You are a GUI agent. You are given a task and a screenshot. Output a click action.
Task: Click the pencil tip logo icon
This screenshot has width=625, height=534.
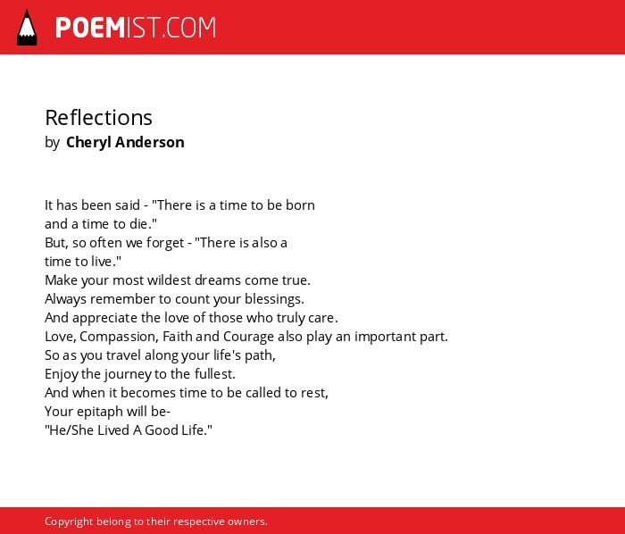pyautogui.click(x=27, y=28)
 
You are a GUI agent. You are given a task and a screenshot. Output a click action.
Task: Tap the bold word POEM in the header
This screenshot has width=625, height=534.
pyautogui.click(x=90, y=28)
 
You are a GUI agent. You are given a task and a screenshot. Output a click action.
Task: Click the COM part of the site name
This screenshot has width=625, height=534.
pyautogui.click(x=191, y=28)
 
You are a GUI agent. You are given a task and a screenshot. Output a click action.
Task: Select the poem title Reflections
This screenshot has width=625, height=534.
pyautogui.click(x=98, y=118)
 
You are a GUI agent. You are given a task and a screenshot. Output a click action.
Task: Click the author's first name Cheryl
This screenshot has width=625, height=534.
pyautogui.click(x=88, y=143)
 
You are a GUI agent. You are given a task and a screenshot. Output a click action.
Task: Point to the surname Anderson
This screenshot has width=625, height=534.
pyautogui.click(x=149, y=142)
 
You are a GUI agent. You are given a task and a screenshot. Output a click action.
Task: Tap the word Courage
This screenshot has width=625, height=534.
pyautogui.click(x=248, y=337)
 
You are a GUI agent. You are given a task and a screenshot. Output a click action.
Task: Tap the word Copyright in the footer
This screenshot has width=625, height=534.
pyautogui.click(x=69, y=521)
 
